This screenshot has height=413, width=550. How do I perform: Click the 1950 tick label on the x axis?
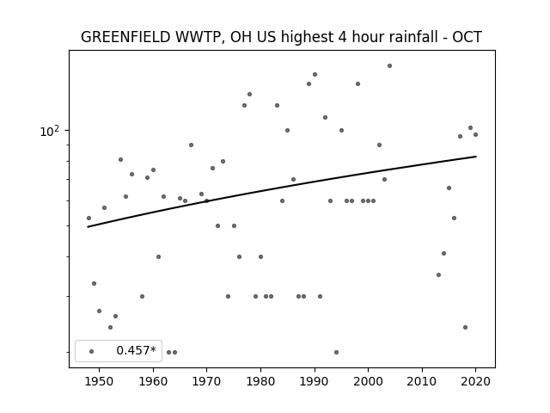pyautogui.click(x=100, y=381)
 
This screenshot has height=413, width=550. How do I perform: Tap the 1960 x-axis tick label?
pyautogui.click(x=153, y=381)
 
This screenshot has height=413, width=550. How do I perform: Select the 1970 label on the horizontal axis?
pyautogui.click(x=206, y=381)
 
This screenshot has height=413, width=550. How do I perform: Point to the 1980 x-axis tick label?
pyautogui.click(x=260, y=381)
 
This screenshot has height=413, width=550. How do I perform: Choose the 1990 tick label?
pyautogui.click(x=315, y=381)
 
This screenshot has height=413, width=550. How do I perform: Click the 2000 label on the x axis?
pyautogui.click(x=369, y=381)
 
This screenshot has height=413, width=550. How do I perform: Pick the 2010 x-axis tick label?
pyautogui.click(x=422, y=381)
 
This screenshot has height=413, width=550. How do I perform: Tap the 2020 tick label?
pyautogui.click(x=475, y=381)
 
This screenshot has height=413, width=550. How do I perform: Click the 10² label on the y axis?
pyautogui.click(x=50, y=131)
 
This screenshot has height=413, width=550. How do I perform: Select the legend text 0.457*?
pyautogui.click(x=136, y=350)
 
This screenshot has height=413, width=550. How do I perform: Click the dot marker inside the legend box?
pyautogui.click(x=92, y=351)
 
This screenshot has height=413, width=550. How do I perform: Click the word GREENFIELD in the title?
pyautogui.click(x=125, y=37)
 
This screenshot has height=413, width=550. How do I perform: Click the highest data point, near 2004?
pyautogui.click(x=389, y=65)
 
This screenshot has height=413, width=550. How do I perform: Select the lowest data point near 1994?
pyautogui.click(x=336, y=352)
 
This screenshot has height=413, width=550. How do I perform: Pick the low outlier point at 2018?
pyautogui.click(x=465, y=327)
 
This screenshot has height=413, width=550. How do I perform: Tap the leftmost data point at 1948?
pyautogui.click(x=89, y=218)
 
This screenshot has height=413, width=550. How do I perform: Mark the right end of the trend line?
pyautogui.click(x=476, y=157)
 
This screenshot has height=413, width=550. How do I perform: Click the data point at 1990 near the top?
pyautogui.click(x=315, y=75)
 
